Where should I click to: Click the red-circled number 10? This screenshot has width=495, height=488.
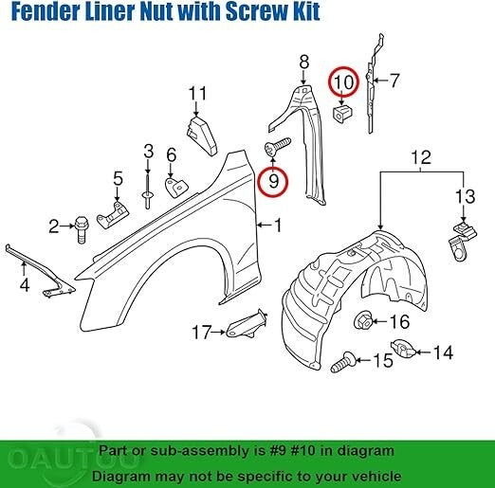click(x=343, y=81)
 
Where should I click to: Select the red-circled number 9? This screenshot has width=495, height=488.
click(x=273, y=182)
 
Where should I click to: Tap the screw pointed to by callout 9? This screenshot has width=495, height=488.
click(x=277, y=147)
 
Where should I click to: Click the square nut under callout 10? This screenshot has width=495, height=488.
click(x=343, y=114)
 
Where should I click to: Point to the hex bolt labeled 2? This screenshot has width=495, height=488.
click(x=82, y=229)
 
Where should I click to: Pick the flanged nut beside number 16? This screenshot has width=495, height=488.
click(x=362, y=320)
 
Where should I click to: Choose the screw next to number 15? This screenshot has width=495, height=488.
click(x=343, y=362)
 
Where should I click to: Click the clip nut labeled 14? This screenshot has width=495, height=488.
click(x=404, y=349)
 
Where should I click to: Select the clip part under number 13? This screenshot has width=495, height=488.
click(x=462, y=241)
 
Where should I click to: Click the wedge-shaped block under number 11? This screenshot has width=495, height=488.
click(x=201, y=136)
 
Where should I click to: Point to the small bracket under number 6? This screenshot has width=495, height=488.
click(x=175, y=188)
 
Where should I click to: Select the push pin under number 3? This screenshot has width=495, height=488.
click(x=147, y=190)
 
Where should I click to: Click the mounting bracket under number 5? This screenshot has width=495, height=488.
click(x=113, y=215)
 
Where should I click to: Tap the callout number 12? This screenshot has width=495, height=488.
click(x=421, y=157)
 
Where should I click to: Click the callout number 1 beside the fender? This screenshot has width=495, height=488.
click(x=278, y=226)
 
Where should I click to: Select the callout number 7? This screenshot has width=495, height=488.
click(x=394, y=81)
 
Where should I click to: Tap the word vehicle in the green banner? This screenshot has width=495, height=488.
click(x=373, y=476)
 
